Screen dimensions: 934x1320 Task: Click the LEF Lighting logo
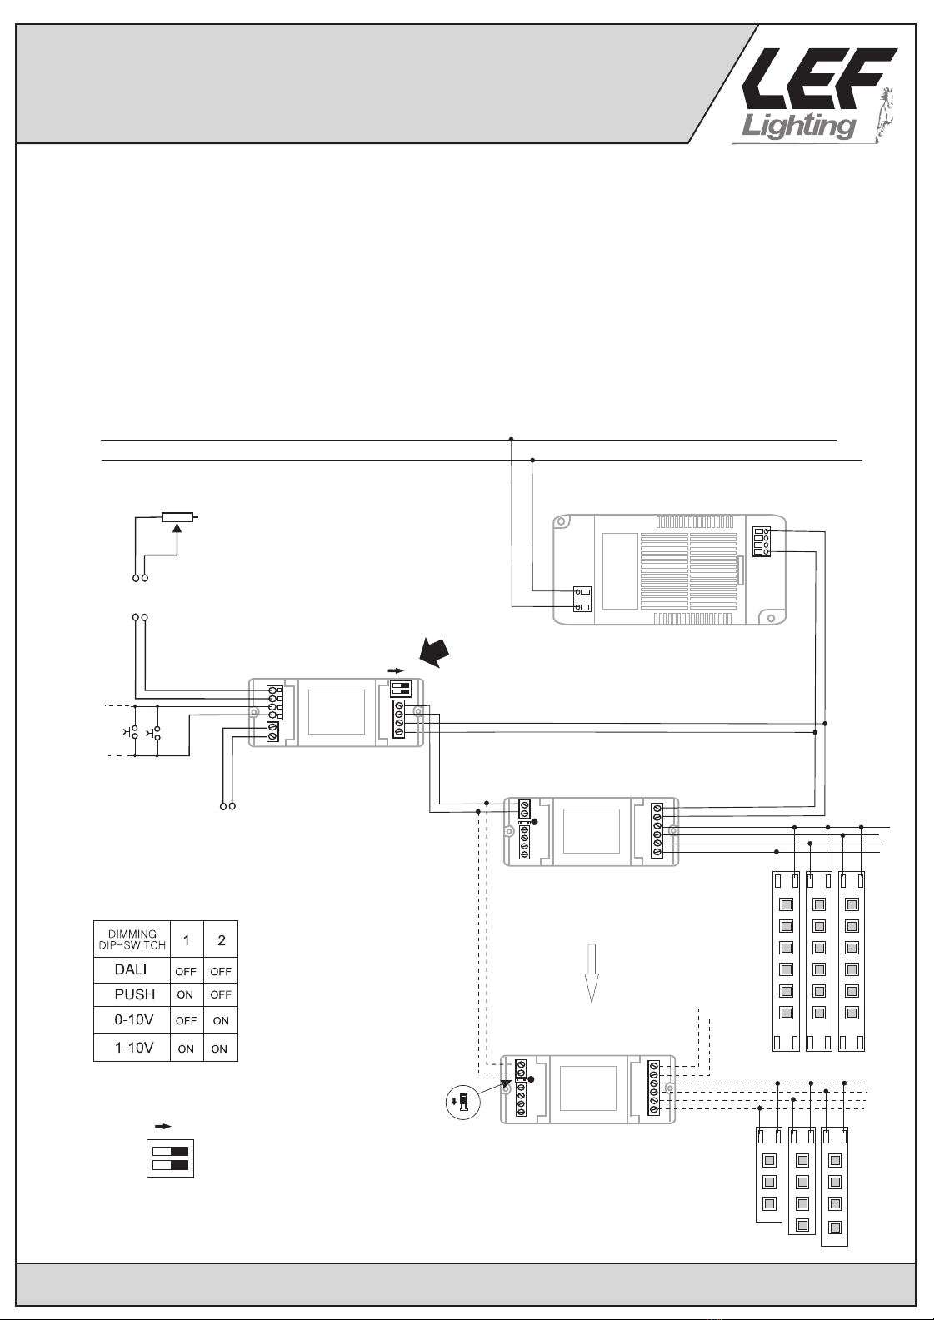tap(812, 92)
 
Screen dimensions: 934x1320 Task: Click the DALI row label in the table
tap(131, 970)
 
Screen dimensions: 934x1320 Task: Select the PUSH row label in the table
tap(134, 994)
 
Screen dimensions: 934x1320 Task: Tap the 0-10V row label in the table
tap(133, 1019)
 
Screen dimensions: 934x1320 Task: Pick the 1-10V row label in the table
tap(133, 1048)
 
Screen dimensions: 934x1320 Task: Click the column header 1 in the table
tap(186, 940)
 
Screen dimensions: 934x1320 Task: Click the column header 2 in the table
tap(221, 940)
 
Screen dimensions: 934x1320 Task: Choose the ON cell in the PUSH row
tap(186, 994)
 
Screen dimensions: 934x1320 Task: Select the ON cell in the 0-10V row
tap(221, 1020)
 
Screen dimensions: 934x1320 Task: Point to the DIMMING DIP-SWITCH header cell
tap(132, 939)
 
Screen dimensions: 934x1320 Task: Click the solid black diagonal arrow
tap(436, 651)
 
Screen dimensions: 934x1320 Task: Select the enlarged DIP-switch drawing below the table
tap(170, 1158)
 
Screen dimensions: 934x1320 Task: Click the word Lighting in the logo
tap(798, 125)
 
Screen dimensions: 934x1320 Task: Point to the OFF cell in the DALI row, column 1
tap(186, 971)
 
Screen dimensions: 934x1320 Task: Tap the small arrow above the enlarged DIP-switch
tap(163, 1126)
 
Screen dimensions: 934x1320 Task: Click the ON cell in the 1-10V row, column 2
tap(220, 1049)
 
